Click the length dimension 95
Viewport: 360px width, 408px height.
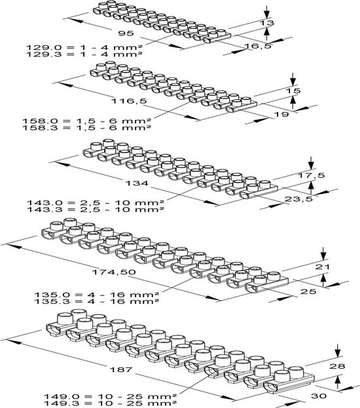click(126, 33)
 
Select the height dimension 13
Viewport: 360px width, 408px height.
click(268, 23)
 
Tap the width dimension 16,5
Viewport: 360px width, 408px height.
click(258, 46)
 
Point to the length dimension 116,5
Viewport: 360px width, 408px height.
click(129, 101)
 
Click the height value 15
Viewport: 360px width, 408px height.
click(293, 90)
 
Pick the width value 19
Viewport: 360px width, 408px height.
click(281, 114)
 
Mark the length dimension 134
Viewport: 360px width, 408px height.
click(137, 183)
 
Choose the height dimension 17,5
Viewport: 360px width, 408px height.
click(311, 176)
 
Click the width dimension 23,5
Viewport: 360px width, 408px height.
click(298, 199)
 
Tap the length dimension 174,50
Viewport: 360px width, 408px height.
click(114, 272)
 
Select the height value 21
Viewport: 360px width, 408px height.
click(322, 267)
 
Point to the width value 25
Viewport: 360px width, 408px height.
click(308, 291)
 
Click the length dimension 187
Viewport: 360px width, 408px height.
click(121, 369)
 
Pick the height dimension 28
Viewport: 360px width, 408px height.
click(337, 366)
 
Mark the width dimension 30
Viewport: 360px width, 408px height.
click(319, 396)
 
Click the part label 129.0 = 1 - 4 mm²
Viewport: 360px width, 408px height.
click(84, 47)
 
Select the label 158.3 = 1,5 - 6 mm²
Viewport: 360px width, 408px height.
click(87, 128)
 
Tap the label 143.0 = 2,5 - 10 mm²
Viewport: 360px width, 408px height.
click(96, 202)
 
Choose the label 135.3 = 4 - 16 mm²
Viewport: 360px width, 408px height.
click(97, 301)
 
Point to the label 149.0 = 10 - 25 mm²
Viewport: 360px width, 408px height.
click(110, 397)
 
